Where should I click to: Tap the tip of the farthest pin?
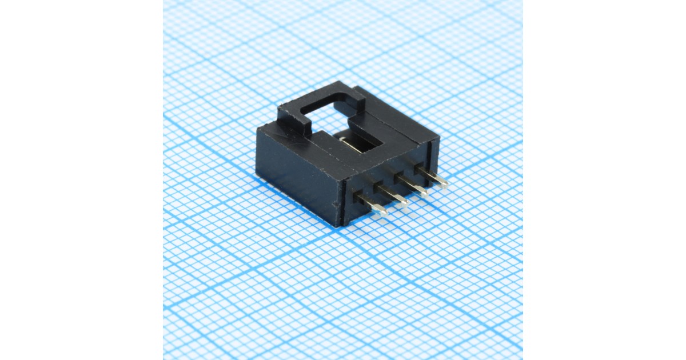click(442, 183)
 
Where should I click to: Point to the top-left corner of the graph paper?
click(164, 1)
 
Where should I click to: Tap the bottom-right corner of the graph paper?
click(521, 358)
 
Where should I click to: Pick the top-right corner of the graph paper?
click(521, 1)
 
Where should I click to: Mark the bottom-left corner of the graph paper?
click(164, 358)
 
